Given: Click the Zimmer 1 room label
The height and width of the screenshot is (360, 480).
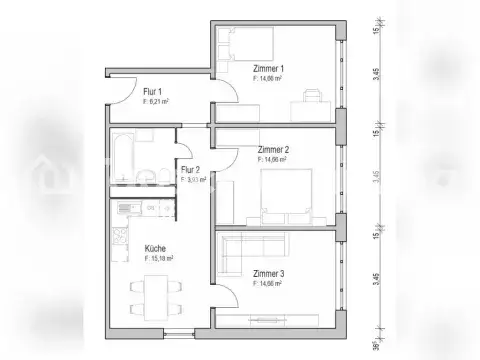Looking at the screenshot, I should tap(268, 67).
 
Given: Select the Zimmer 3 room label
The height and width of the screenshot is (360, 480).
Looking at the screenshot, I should tap(269, 273).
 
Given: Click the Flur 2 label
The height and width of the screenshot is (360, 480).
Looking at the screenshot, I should tap(190, 169).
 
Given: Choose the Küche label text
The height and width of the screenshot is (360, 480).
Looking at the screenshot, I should tap(155, 248).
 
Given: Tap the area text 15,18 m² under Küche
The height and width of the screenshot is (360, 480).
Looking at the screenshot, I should tap(159, 258).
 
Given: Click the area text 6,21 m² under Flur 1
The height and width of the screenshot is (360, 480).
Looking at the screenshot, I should tap(156, 101).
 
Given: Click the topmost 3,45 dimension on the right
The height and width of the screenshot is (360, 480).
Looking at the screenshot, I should tap(376, 74).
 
